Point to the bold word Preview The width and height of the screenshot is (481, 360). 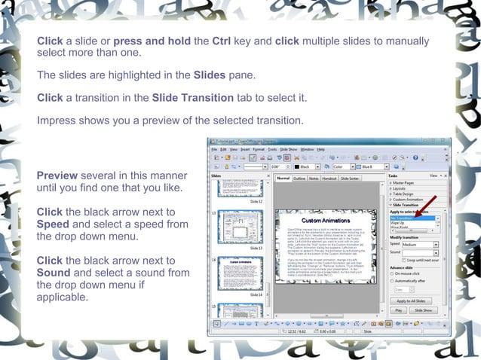(57, 175)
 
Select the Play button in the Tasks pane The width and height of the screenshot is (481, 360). (398, 310)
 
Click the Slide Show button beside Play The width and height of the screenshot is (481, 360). (423, 310)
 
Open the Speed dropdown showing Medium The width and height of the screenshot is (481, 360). (420, 244)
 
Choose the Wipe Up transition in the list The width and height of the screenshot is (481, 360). (400, 224)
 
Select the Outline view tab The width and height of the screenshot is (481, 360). (299, 178)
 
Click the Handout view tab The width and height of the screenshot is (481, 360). (329, 178)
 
